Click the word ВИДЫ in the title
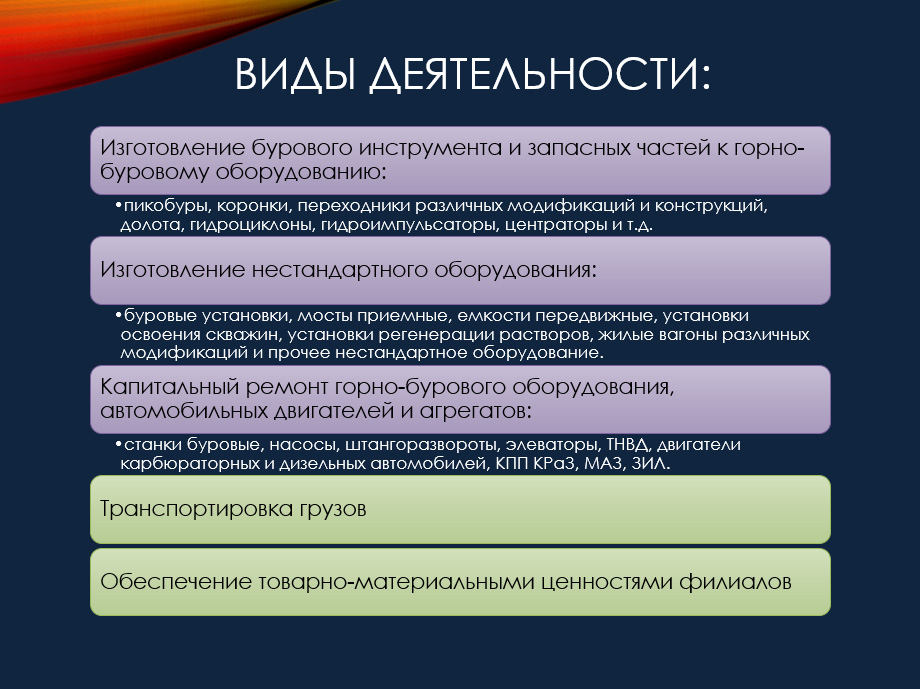295,74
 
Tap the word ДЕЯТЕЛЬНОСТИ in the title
533,75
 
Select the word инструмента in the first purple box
431,148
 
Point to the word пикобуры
167,207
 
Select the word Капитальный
170,387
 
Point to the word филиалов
735,582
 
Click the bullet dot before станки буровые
119,444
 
